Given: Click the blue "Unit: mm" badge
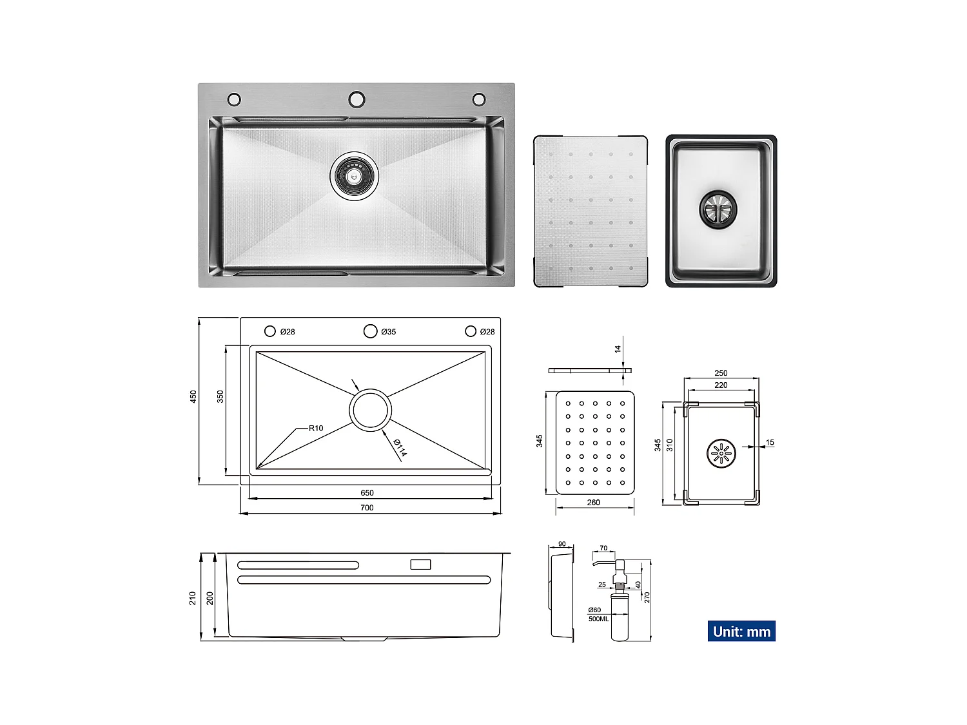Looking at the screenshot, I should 741,632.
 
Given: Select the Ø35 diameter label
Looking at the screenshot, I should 388,332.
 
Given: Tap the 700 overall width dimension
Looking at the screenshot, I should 367,508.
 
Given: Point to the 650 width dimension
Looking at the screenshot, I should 367,493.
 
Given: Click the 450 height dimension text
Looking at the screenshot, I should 193,397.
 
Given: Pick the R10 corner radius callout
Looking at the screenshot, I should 316,429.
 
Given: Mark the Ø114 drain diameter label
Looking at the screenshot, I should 400,447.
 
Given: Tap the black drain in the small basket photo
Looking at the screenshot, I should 718,209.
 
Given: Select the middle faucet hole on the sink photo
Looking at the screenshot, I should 357,99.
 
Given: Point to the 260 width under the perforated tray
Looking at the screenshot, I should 593,503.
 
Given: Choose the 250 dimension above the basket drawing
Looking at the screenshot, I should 721,373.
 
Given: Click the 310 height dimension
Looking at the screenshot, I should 670,445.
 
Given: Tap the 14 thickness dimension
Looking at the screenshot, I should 618,349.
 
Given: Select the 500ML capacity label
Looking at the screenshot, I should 598,619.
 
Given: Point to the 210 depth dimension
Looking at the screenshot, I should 193,598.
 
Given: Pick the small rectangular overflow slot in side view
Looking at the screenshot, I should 420,565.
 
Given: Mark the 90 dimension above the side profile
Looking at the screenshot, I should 562,545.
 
